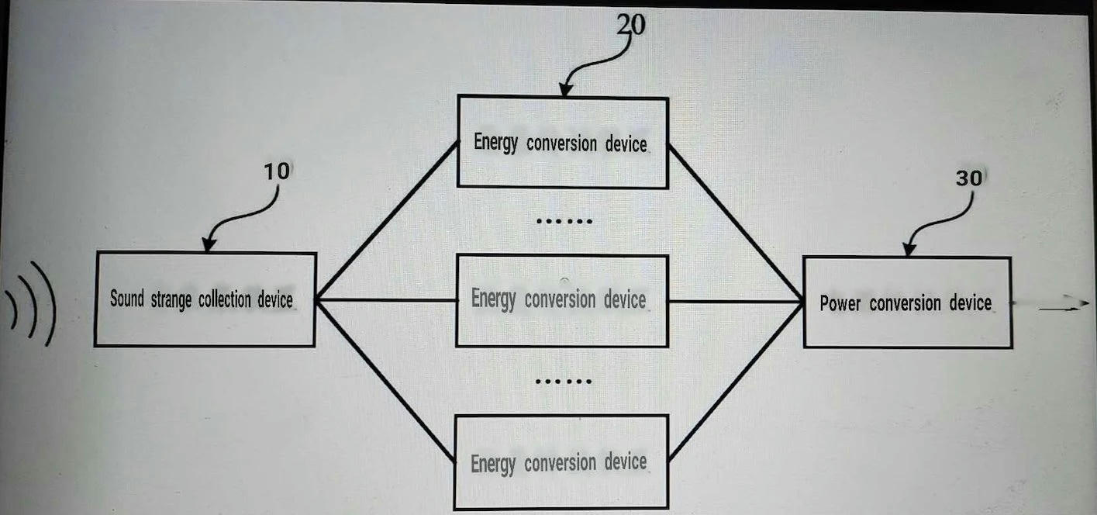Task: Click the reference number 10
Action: point(277,171)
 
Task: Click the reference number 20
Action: point(631,25)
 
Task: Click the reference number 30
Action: point(968,178)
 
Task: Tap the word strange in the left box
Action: point(171,300)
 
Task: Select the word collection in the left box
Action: point(225,299)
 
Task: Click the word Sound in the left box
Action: point(127,298)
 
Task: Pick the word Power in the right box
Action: point(840,303)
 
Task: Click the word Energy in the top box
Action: point(495,143)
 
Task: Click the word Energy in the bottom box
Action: point(492,464)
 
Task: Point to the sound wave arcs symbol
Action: point(31,304)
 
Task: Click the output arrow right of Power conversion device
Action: point(1064,306)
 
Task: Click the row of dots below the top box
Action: point(564,222)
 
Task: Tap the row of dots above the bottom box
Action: point(564,382)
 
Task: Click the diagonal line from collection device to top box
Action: point(388,219)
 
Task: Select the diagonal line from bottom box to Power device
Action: point(735,382)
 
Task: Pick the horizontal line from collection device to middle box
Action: point(386,300)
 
